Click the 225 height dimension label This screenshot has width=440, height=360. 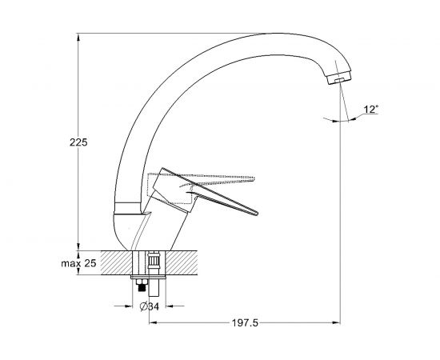click(x=78, y=142)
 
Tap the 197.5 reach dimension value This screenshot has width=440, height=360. click(x=245, y=323)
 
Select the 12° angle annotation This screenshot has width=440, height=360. click(x=371, y=109)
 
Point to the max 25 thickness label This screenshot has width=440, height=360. click(x=78, y=263)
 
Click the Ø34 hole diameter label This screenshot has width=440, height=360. click(x=150, y=306)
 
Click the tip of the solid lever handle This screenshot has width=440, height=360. click(x=257, y=214)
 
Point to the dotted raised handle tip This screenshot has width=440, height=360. click(x=254, y=178)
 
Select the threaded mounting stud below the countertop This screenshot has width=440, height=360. click(x=142, y=288)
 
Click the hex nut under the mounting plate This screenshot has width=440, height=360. click(x=142, y=282)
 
